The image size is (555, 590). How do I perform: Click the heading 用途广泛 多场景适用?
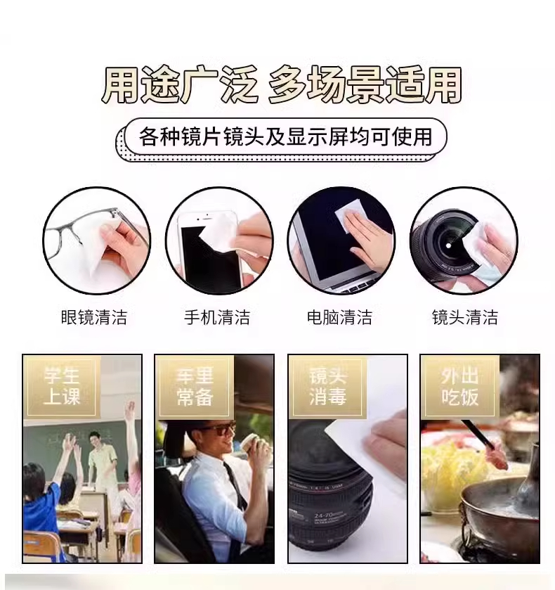(x=281, y=85)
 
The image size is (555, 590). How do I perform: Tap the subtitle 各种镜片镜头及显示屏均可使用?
(x=285, y=136)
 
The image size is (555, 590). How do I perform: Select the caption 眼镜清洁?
(x=94, y=317)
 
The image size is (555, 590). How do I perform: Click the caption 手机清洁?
(x=217, y=317)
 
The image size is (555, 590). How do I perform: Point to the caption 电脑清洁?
(x=339, y=317)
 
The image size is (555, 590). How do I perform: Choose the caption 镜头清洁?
(x=465, y=317)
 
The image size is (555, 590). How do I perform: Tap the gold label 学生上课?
(x=62, y=387)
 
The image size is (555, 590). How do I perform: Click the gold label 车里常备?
(x=195, y=387)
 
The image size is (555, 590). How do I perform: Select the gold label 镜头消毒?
(x=327, y=387)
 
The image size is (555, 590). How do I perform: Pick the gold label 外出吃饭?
(x=460, y=387)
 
